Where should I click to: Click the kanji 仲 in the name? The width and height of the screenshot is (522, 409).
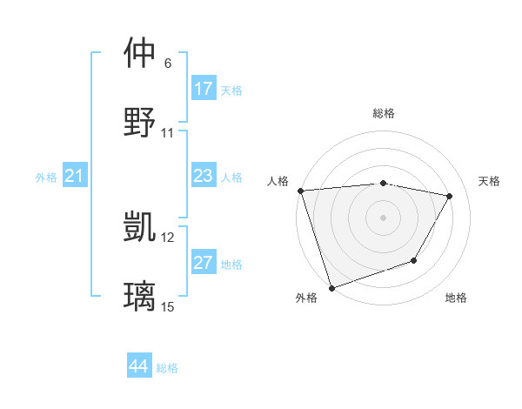tap(141, 53)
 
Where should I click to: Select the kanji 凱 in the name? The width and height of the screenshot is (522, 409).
tap(141, 227)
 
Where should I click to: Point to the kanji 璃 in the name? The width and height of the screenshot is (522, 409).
tap(141, 296)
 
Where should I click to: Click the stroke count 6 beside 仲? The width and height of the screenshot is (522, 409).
tap(168, 64)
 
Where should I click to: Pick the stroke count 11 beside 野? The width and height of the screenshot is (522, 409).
tap(168, 133)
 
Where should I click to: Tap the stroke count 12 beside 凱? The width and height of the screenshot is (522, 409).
tap(168, 237)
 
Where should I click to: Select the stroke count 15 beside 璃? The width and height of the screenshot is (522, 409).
tap(168, 306)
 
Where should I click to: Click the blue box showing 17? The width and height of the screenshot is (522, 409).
tap(204, 89)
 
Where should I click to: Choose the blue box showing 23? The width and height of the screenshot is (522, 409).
tap(204, 177)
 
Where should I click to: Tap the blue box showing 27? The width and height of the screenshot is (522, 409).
tap(204, 263)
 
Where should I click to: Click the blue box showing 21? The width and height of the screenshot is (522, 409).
tap(75, 177)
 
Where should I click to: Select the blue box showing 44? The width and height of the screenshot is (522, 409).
tap(139, 367)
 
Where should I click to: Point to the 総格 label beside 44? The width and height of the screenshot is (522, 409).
tap(167, 368)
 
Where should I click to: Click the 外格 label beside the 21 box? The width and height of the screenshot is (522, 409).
tap(46, 178)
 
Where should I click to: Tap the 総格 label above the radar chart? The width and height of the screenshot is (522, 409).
tap(384, 113)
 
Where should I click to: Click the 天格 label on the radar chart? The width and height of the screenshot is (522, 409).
tap(490, 181)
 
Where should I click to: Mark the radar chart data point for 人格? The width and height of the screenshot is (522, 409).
tap(300, 191)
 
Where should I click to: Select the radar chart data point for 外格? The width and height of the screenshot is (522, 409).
tap(331, 286)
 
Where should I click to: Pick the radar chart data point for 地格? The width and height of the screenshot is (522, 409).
tap(414, 260)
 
